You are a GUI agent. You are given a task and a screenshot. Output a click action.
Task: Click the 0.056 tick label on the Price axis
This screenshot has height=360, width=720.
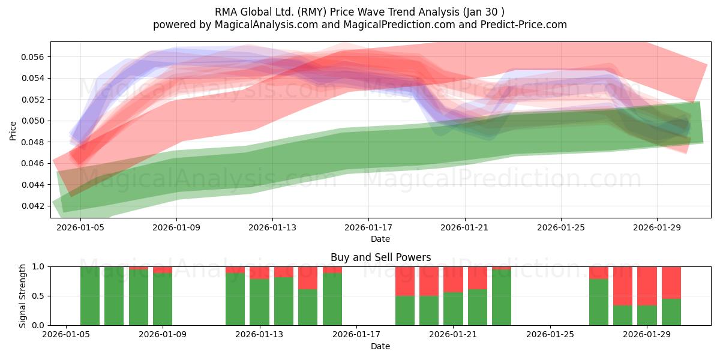(32, 57)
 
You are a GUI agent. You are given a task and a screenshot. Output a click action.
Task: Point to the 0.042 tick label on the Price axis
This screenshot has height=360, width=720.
(32, 206)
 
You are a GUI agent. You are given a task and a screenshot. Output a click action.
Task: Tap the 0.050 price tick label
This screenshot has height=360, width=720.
(32, 121)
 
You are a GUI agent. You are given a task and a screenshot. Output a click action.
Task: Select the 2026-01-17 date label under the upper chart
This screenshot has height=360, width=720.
(368, 227)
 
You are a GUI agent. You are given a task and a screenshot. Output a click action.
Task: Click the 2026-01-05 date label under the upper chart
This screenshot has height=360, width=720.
(80, 227)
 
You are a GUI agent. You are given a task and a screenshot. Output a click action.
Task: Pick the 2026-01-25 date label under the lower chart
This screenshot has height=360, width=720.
(550, 334)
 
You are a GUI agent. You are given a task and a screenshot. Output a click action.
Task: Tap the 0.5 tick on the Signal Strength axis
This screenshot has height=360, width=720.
(38, 296)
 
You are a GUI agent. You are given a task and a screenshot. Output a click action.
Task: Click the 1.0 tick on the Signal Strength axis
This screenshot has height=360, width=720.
(38, 267)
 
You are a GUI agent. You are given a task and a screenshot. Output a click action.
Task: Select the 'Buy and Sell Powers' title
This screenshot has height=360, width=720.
(380, 257)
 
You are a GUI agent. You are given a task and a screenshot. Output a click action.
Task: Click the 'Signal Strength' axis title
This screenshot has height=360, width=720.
(22, 296)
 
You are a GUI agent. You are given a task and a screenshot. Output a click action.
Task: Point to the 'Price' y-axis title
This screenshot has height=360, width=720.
(13, 131)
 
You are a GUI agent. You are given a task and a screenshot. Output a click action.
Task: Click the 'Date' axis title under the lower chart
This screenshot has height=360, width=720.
(380, 346)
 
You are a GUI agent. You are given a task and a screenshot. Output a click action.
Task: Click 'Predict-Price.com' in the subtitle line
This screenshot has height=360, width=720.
(524, 25)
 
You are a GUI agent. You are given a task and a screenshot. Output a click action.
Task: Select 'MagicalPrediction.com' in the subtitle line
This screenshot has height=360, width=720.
(399, 25)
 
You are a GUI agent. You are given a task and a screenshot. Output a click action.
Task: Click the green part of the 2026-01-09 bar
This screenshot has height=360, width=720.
(163, 299)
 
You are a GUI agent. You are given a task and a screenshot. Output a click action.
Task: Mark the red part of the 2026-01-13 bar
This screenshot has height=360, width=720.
(259, 273)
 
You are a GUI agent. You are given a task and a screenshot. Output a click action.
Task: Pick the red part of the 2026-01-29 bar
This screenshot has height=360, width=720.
(647, 286)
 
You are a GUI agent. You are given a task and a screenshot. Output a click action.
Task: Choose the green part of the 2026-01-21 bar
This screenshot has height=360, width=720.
(453, 308)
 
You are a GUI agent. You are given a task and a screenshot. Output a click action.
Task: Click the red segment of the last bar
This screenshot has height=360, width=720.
(671, 283)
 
